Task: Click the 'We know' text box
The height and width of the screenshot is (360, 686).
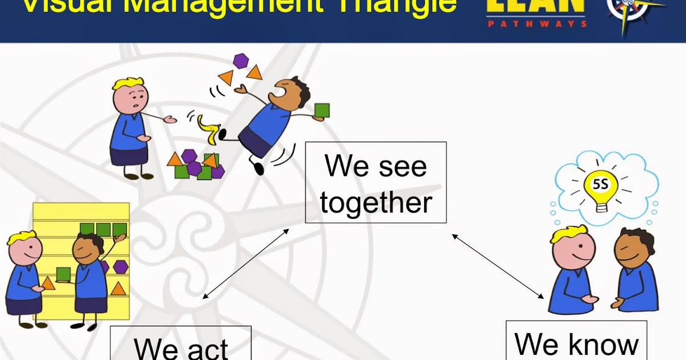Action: (x=576, y=342)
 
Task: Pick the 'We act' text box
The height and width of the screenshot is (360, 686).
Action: (x=181, y=344)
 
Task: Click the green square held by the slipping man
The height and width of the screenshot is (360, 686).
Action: (x=322, y=111)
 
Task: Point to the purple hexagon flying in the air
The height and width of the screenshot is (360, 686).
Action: (x=240, y=61)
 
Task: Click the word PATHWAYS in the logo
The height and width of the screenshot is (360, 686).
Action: (x=537, y=24)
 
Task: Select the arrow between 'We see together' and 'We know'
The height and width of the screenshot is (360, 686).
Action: (x=497, y=265)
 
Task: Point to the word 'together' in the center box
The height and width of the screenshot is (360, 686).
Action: (x=376, y=203)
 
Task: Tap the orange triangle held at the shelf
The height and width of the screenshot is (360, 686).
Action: (x=48, y=283)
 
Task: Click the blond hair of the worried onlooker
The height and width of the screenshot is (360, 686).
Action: (x=127, y=84)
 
